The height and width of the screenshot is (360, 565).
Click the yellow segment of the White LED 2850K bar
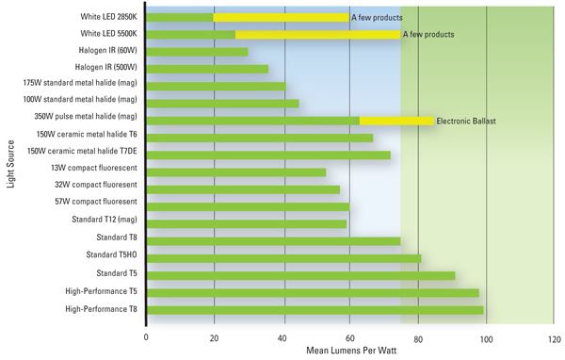281,17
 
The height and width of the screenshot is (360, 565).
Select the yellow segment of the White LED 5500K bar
317,34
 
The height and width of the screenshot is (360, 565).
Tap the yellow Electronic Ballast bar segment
396,121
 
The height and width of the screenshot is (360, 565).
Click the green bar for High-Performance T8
315,309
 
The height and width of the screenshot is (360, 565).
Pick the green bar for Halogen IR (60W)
198,52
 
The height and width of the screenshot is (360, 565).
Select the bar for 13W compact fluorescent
236,172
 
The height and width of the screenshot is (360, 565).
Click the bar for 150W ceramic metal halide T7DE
268,155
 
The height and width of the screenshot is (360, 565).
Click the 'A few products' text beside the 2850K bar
377,17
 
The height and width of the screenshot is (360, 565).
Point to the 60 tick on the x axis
349,336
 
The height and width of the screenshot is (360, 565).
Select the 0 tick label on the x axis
146,336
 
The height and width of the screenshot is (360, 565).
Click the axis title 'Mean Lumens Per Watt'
349,351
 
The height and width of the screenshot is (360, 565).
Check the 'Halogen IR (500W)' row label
105,67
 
